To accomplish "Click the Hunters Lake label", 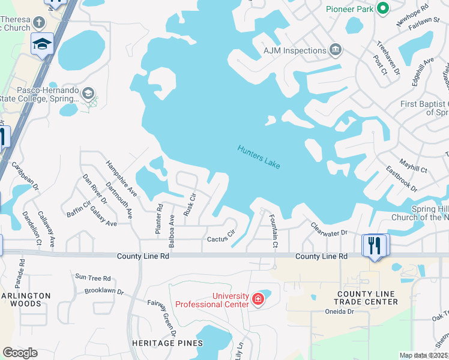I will pyautogui.click(x=259, y=157).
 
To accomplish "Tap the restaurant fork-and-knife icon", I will pyautogui.click(x=374, y=245).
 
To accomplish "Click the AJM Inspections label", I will pyautogui.click(x=295, y=51).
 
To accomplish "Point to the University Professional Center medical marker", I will pyautogui.click(x=258, y=298).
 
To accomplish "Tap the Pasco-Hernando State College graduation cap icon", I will pyautogui.click(x=88, y=93).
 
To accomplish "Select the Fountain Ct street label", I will pyautogui.click(x=273, y=231).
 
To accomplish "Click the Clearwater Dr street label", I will pyautogui.click(x=329, y=229).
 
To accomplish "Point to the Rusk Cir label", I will pyautogui.click(x=189, y=205).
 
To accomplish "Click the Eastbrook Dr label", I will pyautogui.click(x=401, y=179).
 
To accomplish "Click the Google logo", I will pyautogui.click(x=20, y=353).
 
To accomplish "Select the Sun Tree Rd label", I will pyautogui.click(x=92, y=278).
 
